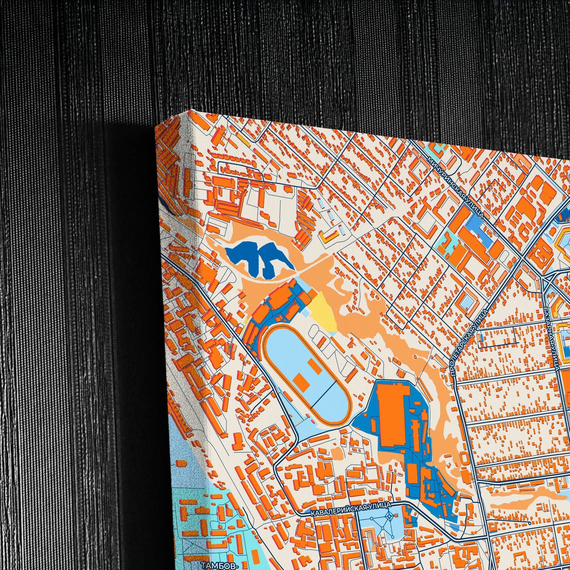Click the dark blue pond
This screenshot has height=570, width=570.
[257, 257]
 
